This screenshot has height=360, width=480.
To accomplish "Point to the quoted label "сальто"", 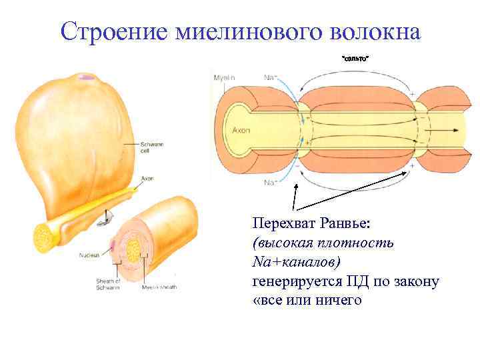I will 355,60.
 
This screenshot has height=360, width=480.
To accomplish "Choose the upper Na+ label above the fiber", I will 271,78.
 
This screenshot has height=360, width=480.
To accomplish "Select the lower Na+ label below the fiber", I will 271,182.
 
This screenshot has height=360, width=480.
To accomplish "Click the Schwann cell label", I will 149,147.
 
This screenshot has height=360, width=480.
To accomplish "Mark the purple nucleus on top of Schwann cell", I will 84,77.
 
